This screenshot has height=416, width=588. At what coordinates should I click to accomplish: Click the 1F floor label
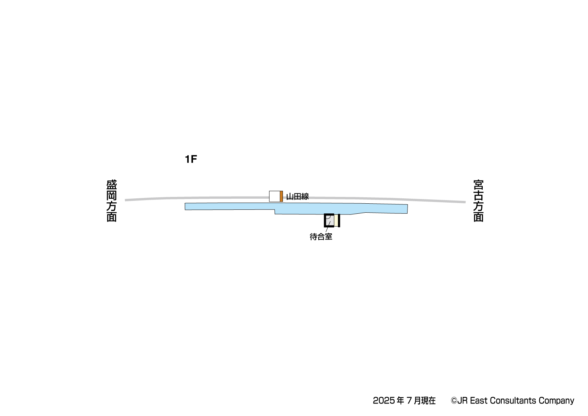click(x=191, y=159)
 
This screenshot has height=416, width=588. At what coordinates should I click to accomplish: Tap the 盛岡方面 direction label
click(x=112, y=201)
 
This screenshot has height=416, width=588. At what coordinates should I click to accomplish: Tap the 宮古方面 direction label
click(x=478, y=201)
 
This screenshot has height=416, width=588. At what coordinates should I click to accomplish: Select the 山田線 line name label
click(x=298, y=196)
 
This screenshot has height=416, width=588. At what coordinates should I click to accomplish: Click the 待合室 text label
click(x=321, y=237)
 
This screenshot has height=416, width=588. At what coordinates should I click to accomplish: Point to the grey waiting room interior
click(x=330, y=221)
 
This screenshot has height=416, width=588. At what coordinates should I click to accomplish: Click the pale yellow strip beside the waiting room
click(x=336, y=221)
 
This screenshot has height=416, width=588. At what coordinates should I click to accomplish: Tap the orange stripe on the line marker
click(x=281, y=196)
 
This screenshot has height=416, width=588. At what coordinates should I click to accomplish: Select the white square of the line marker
click(x=275, y=196)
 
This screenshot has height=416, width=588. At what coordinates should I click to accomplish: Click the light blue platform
click(x=296, y=208)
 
